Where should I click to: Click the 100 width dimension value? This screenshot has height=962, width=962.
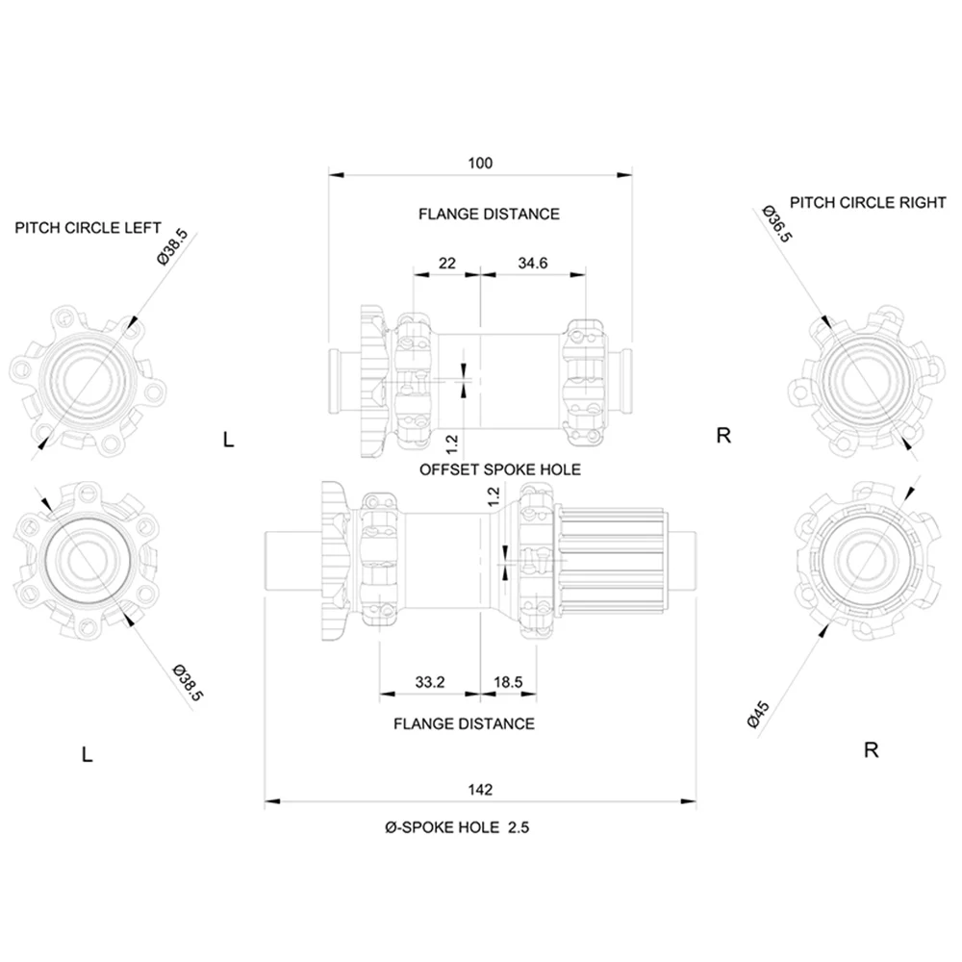click(x=480, y=164)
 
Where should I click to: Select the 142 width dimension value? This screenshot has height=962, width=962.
click(x=481, y=789)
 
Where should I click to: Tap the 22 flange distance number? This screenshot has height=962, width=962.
click(x=446, y=264)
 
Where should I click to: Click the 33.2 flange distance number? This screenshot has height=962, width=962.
click(x=429, y=682)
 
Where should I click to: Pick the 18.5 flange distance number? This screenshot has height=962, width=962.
click(x=507, y=682)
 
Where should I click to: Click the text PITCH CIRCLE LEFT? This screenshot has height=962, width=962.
click(x=88, y=229)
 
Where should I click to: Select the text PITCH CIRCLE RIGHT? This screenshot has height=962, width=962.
click(x=868, y=203)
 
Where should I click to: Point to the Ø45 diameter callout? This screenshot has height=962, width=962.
click(x=759, y=714)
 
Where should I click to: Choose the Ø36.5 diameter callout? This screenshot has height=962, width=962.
click(x=775, y=223)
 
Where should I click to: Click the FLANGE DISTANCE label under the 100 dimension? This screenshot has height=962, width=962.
click(x=488, y=214)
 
